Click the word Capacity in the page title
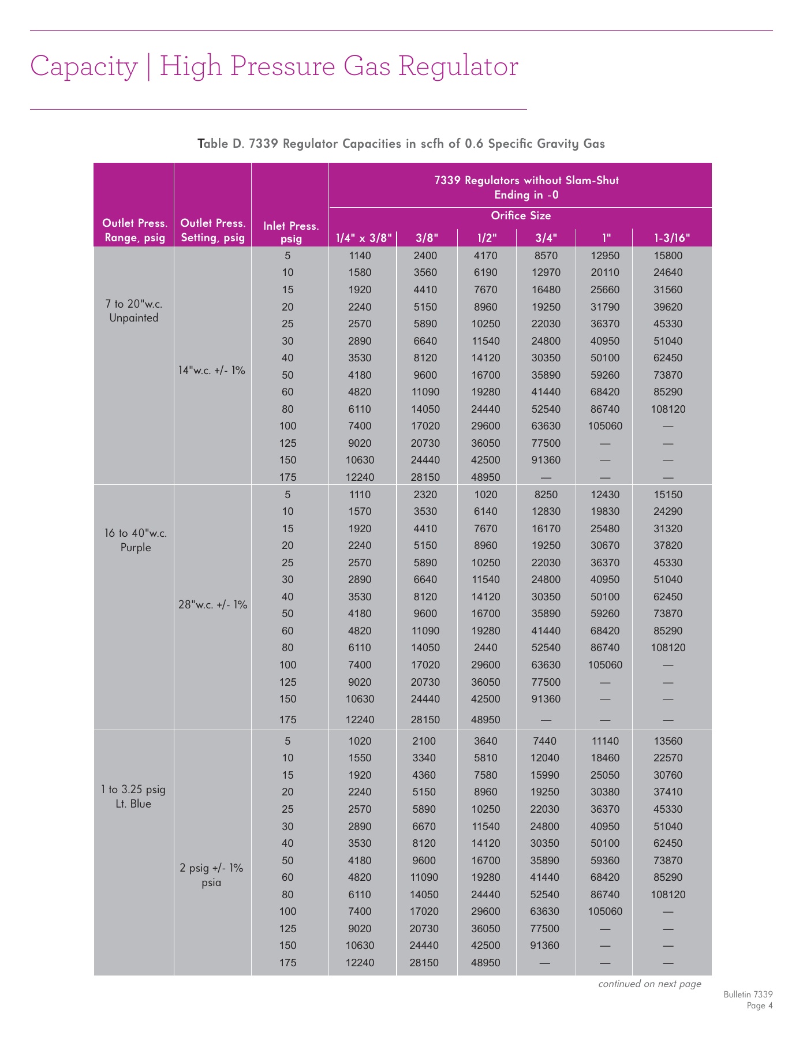pyautogui.click(x=84, y=66)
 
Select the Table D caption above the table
pyautogui.click(x=401, y=144)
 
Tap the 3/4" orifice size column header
pyautogui.click(x=545, y=238)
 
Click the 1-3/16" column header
pyautogui.click(x=671, y=238)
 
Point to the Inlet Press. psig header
pyautogui.click(x=290, y=232)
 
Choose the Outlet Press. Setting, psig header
pyautogui.click(x=212, y=230)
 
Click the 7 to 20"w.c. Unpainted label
pyautogui.click(x=133, y=311)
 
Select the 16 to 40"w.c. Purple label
pyautogui.click(x=136, y=540)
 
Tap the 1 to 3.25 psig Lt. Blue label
pyautogui.click(x=133, y=797)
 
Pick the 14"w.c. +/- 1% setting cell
pyautogui.click(x=212, y=371)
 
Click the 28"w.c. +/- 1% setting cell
pyautogui.click(x=212, y=605)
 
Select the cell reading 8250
pyautogui.click(x=546, y=495)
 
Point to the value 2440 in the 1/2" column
pyautogui.click(x=485, y=648)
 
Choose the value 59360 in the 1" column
pyautogui.click(x=605, y=861)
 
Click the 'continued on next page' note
pyautogui.click(x=649, y=984)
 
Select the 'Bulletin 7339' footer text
pyautogui.click(x=748, y=995)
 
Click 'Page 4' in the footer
pyautogui.click(x=759, y=1006)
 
